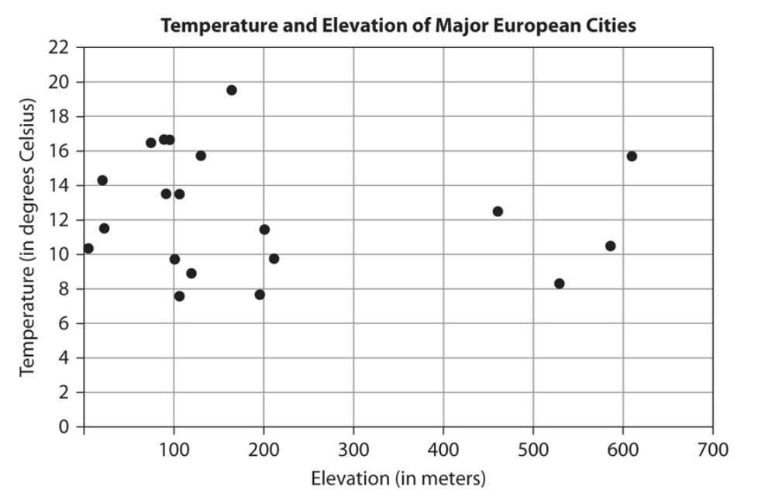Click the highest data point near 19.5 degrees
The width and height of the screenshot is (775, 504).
tap(231, 90)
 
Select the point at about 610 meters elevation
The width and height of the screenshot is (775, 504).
tap(632, 156)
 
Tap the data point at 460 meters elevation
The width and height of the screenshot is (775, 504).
tap(498, 211)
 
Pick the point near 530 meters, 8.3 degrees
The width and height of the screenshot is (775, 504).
tap(560, 283)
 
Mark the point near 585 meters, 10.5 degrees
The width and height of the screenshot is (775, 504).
tap(610, 246)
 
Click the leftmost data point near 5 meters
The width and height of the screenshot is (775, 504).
tap(88, 248)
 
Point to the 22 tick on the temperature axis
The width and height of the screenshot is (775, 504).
tap(63, 48)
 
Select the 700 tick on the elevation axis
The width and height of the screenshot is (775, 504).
tap(713, 449)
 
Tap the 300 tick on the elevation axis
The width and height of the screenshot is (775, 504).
tap(353, 449)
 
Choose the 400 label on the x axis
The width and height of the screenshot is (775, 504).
tap(443, 449)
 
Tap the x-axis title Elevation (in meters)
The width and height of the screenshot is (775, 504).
tap(398, 478)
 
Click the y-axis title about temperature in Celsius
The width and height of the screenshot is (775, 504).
tap(29, 236)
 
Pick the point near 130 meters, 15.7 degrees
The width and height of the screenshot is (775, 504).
tap(201, 155)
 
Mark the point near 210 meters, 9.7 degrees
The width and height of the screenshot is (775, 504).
tap(274, 258)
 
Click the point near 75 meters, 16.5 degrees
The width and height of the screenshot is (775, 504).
tap(150, 143)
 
